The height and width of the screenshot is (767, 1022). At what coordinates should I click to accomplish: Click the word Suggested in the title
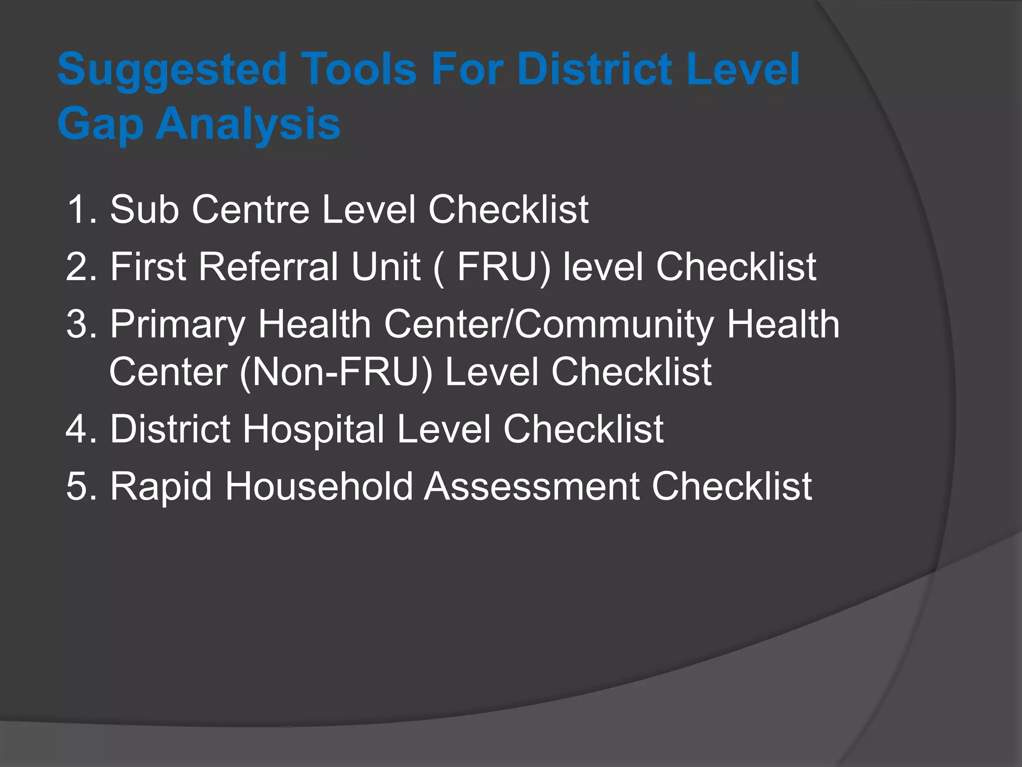pos(172,70)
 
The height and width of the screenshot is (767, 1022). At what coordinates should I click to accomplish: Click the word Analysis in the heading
pos(248,124)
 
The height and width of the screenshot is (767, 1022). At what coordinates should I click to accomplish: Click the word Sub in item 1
pos(144,209)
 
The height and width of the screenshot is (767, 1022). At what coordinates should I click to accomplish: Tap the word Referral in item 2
pos(268,267)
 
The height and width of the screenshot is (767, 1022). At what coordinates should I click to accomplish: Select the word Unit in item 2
pos(385,267)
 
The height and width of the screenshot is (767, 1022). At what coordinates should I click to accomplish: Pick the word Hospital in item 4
pos(313,430)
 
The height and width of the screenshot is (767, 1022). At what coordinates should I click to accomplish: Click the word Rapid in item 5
pos(161,487)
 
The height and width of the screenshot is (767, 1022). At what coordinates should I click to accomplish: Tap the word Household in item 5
pos(319,486)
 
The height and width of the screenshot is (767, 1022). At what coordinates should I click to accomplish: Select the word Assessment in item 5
pos(531,486)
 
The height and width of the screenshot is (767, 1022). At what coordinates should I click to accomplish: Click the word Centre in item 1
pos(251,209)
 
